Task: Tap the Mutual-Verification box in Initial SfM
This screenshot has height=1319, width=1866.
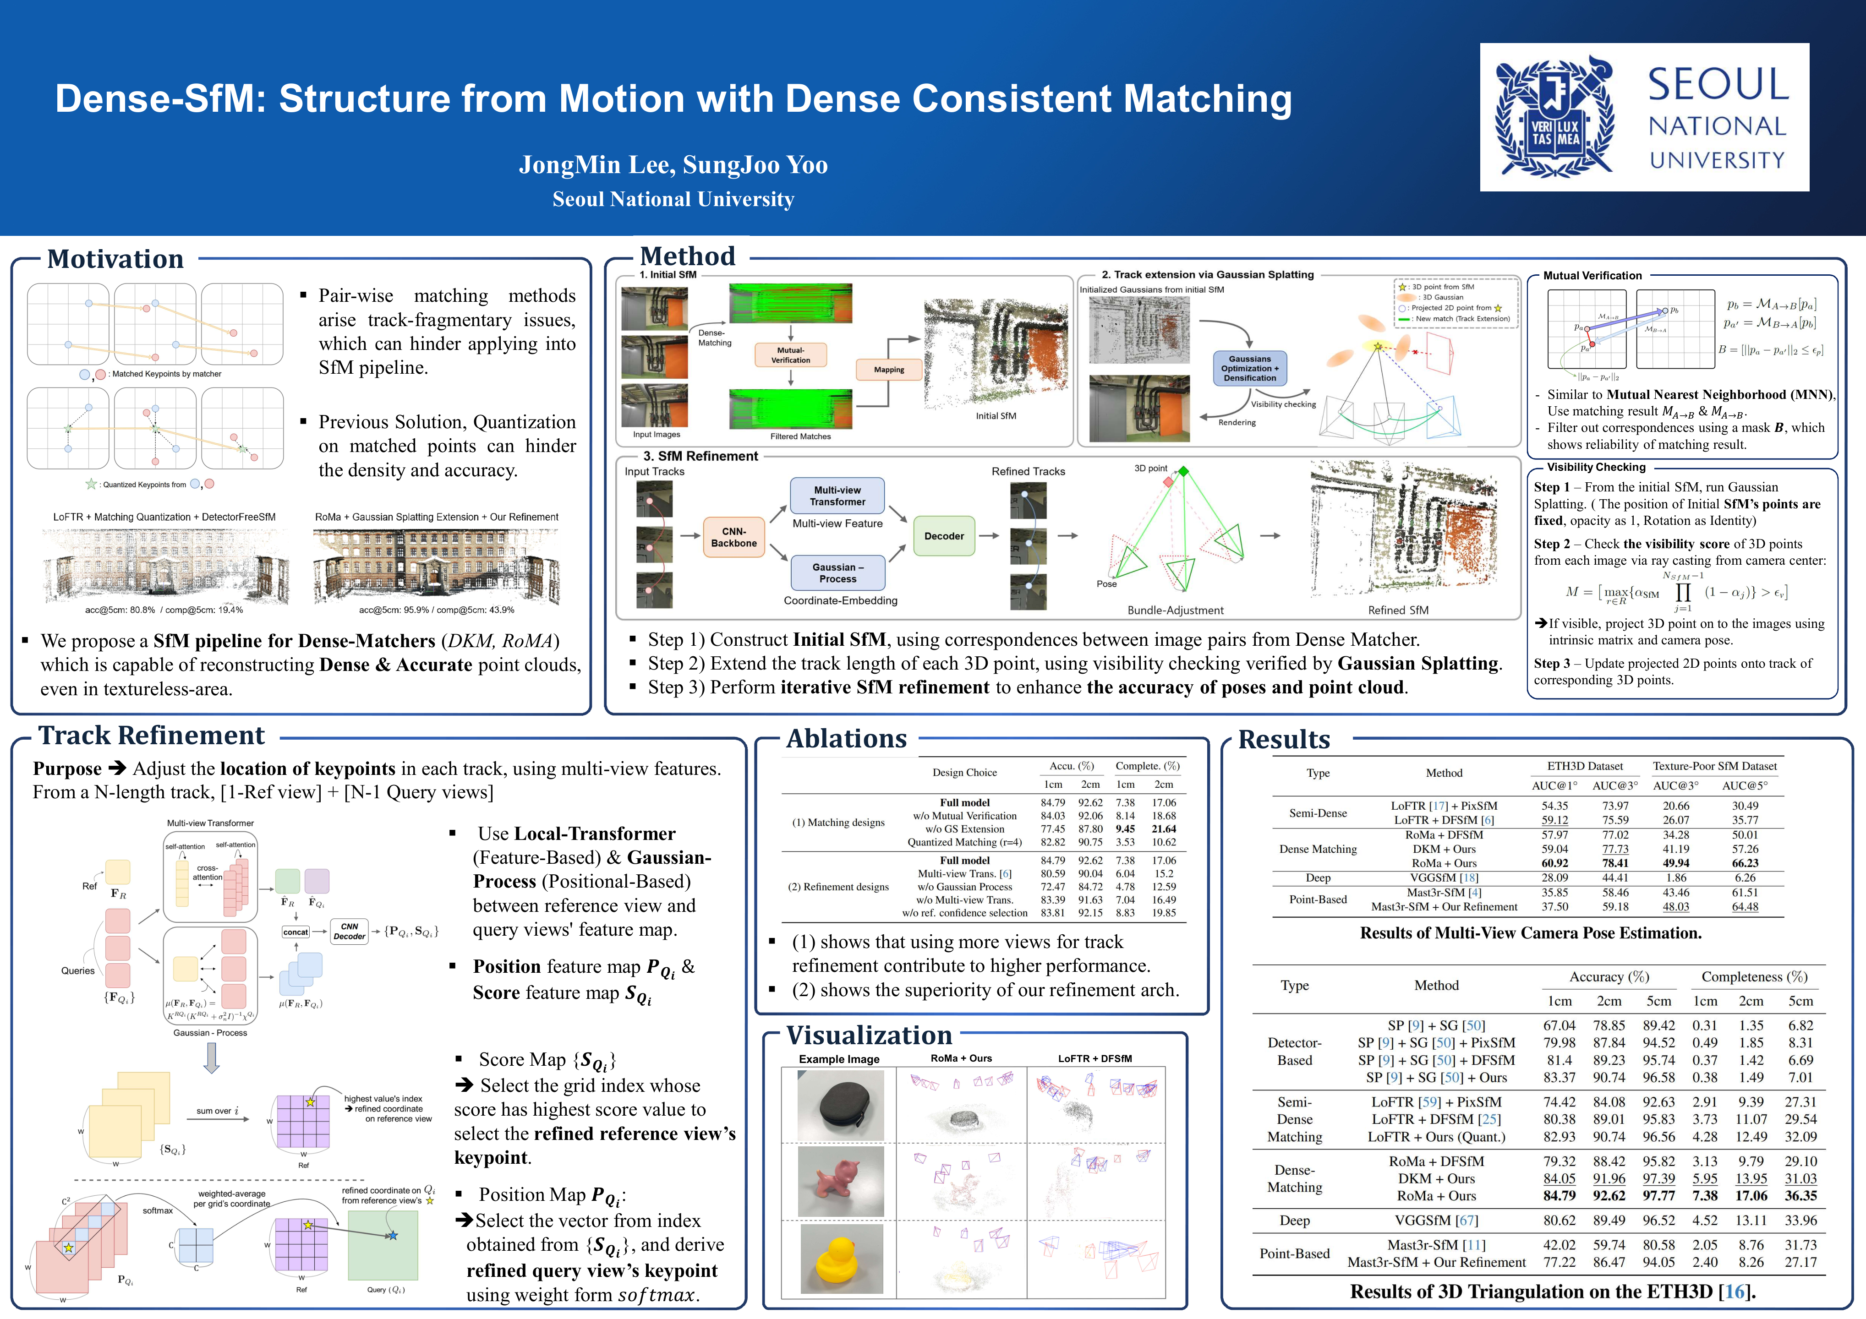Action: [790, 355]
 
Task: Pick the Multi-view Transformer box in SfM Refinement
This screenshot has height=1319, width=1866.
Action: [837, 496]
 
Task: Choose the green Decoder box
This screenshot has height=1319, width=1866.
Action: [944, 536]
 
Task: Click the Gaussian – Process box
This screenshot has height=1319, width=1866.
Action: [837, 573]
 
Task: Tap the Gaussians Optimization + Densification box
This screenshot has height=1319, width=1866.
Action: [1249, 368]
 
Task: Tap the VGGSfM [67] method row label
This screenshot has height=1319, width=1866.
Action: [1436, 1220]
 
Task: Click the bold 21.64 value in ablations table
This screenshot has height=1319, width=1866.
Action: [1163, 829]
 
